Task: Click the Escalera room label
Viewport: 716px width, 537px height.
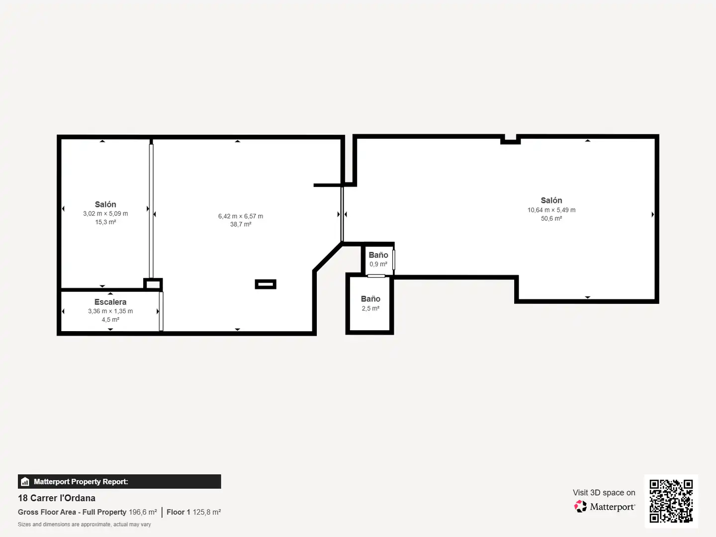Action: point(110,302)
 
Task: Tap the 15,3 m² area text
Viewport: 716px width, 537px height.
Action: point(105,222)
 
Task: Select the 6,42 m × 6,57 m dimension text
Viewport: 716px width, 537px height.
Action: point(240,216)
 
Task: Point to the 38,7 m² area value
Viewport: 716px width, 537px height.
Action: point(240,224)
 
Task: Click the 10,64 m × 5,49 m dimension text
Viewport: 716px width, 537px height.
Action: point(551,210)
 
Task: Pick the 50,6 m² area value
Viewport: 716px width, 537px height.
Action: point(551,218)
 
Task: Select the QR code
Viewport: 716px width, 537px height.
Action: point(671,501)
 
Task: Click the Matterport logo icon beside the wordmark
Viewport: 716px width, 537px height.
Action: point(580,506)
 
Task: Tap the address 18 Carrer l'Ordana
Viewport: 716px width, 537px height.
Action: point(57,498)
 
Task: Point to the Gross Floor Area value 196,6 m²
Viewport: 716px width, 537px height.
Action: point(143,512)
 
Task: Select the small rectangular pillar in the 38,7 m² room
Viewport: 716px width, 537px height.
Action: point(266,284)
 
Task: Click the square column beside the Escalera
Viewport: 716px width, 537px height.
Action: point(153,284)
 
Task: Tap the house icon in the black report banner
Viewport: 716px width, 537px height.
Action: point(25,482)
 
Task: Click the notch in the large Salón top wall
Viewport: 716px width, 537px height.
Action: point(511,140)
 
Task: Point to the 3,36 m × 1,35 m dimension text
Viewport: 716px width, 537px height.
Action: point(110,311)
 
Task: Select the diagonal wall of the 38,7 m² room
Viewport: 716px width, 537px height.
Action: point(328,257)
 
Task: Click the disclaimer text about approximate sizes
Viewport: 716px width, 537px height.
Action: point(84,524)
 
